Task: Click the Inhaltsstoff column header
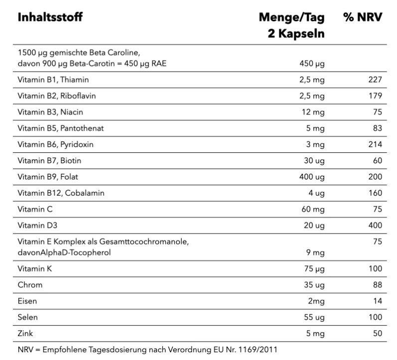tap(50, 18)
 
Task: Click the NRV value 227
tap(375, 79)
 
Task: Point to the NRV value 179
tap(375, 96)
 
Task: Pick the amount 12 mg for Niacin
tap(315, 112)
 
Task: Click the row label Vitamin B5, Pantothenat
tap(60, 128)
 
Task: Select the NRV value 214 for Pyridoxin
tap(375, 145)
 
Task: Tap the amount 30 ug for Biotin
tap(314, 161)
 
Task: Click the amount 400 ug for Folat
tap(312, 177)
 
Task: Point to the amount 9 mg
tap(317, 252)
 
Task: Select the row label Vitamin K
tap(34, 269)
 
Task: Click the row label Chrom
tap(30, 285)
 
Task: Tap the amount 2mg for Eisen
tap(316, 301)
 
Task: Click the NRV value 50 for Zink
tap(377, 334)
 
